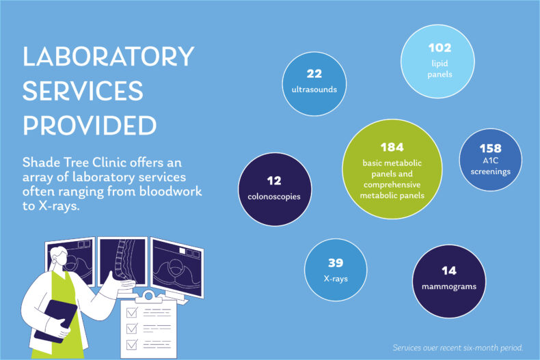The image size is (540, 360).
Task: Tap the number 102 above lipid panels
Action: tap(441, 49)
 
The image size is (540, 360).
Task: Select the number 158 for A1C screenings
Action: tap(490, 148)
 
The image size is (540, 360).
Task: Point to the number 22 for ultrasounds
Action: tap(314, 74)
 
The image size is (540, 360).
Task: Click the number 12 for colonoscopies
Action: tap(274, 181)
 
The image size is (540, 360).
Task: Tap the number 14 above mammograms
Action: tap(448, 271)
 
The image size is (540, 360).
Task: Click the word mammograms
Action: tap(448, 286)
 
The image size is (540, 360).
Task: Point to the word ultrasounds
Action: tap(314, 89)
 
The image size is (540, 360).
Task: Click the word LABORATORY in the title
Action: tap(109, 57)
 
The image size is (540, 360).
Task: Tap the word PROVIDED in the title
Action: tap(90, 126)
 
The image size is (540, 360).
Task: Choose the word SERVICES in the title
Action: tap(83, 92)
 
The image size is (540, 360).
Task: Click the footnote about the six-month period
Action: tap(458, 348)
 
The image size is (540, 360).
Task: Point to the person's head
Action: tap(59, 258)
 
